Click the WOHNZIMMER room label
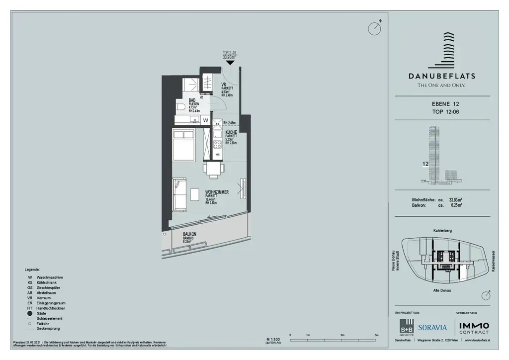click(x=217, y=191)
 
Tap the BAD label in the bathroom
click(x=192, y=100)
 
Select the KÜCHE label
click(x=231, y=132)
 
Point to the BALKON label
click(x=190, y=234)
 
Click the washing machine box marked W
click(x=205, y=120)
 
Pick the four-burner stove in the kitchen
click(x=217, y=145)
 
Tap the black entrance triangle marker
click(x=229, y=62)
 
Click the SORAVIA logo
click(x=432, y=327)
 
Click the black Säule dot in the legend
click(x=30, y=313)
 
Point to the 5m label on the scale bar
click(x=376, y=336)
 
